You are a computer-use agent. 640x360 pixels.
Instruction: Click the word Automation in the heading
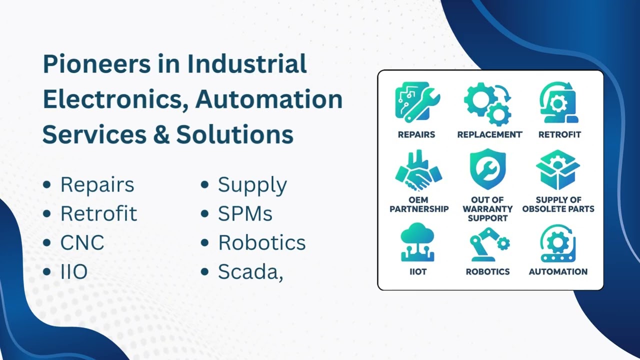coord(269,99)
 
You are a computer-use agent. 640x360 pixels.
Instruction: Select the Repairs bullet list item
coord(97,184)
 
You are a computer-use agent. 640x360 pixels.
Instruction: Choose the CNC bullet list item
coord(82,243)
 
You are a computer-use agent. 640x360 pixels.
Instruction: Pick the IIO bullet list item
coord(74,272)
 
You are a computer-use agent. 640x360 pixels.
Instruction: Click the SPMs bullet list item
coord(245,214)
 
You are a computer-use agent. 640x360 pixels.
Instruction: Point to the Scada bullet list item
coord(250,272)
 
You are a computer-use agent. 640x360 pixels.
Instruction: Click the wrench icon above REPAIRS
coord(416,102)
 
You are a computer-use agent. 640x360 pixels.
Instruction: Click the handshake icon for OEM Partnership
coord(418,170)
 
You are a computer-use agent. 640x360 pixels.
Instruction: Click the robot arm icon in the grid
coord(488,244)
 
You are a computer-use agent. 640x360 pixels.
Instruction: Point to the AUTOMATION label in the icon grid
coord(558,272)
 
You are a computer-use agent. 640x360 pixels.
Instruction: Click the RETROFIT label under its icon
coord(559,134)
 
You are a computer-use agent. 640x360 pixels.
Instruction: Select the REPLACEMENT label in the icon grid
coord(489,134)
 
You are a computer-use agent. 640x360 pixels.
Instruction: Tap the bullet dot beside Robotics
coord(204,243)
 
